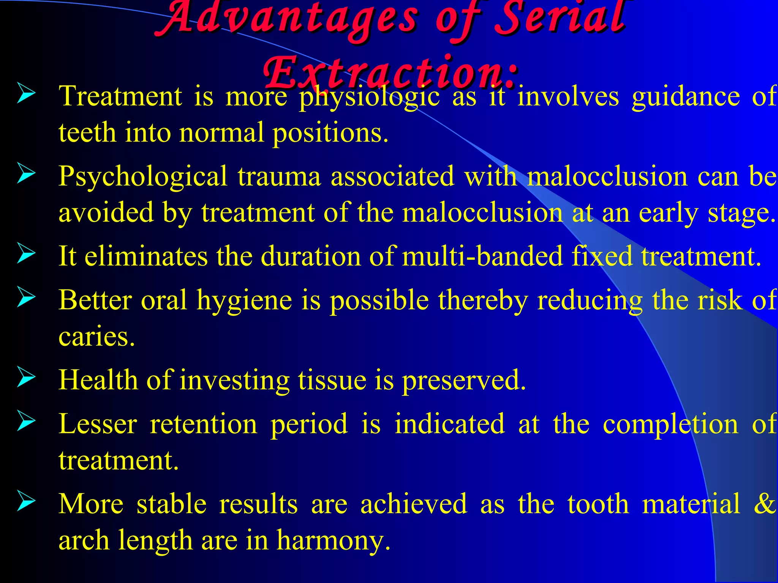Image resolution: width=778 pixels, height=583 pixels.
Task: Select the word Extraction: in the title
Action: [x=391, y=72]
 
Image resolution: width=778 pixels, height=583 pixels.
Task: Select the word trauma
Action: [x=279, y=177]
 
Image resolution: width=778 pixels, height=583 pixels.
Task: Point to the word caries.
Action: [x=96, y=337]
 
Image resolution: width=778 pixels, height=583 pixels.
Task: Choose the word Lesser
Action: [x=98, y=424]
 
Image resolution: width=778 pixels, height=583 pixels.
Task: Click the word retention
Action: [x=204, y=424]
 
